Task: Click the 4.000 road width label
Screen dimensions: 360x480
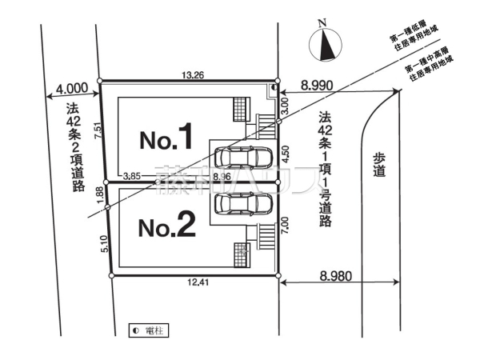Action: tap(72, 88)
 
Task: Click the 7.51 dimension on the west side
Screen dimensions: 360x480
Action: tap(96, 132)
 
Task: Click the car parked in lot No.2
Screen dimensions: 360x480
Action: tap(243, 205)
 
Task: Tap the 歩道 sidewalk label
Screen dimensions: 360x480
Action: tap(378, 165)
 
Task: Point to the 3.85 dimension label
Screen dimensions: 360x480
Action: tap(131, 173)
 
